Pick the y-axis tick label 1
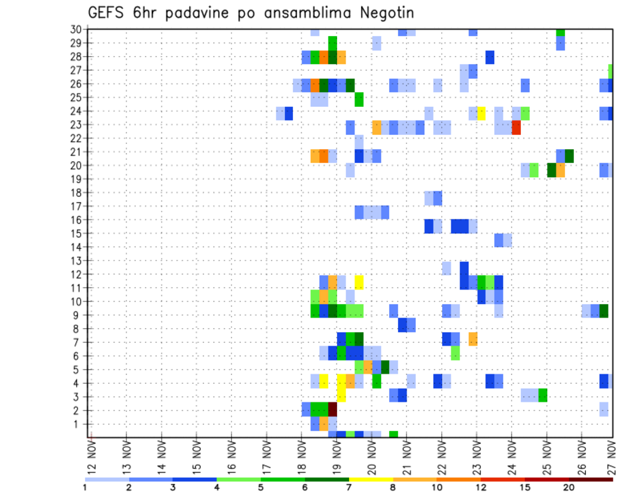(78, 424)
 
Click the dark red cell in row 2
(332, 410)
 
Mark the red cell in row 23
(516, 127)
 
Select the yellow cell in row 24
(481, 113)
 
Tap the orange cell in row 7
(473, 339)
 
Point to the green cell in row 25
(359, 100)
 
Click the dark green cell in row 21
(569, 156)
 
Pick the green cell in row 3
(543, 395)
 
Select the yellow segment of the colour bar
(370, 479)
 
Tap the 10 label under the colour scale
(436, 487)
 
